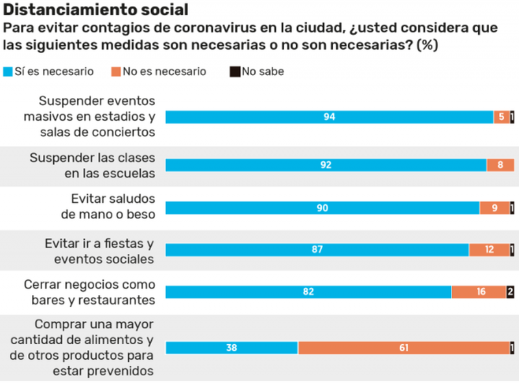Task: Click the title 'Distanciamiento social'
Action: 96,10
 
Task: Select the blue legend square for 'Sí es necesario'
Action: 8,71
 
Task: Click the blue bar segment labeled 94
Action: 329,117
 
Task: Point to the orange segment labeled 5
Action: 501,117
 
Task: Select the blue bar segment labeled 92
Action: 326,165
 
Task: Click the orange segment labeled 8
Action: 500,165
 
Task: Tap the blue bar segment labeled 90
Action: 322,208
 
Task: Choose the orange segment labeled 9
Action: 494,208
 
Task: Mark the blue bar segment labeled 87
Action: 317,250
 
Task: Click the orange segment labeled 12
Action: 489,250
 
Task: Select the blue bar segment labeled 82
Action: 308,292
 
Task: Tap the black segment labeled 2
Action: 511,292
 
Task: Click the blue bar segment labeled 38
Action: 232,347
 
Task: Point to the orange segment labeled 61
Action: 404,347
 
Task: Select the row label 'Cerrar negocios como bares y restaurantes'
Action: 90,292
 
